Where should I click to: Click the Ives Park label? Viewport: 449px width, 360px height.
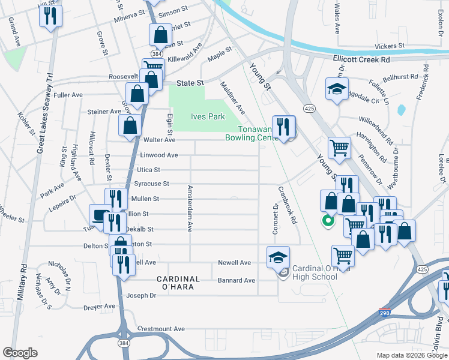[x=208, y=116]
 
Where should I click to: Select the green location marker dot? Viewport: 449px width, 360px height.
[x=328, y=221]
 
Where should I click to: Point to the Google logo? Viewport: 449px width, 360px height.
[x=20, y=352]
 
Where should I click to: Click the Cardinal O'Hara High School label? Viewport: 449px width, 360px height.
[x=315, y=272]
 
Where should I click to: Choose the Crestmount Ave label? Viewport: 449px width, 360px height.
[x=161, y=329]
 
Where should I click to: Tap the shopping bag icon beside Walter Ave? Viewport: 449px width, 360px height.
[x=130, y=126]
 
